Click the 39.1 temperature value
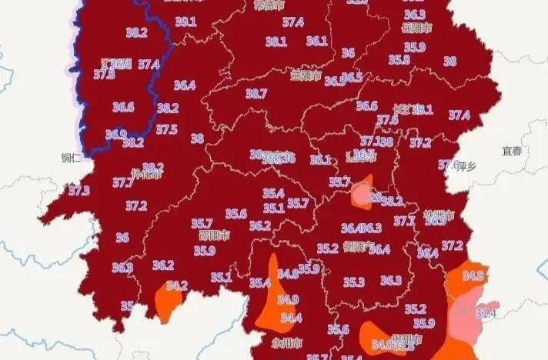(185, 22)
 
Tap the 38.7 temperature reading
(256, 94)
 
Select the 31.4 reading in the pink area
(486, 313)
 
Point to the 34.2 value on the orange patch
(177, 285)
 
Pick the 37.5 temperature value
(167, 129)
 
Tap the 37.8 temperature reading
(104, 75)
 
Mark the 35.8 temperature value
(399, 59)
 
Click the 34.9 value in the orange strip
(288, 299)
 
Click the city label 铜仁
(72, 158)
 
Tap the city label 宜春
(511, 151)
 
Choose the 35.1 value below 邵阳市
(222, 277)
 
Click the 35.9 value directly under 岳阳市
(416, 47)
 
